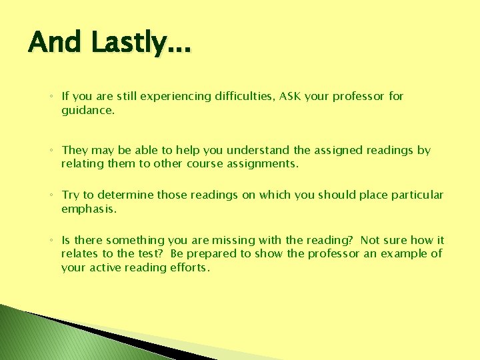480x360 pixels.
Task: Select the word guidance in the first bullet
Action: click(x=87, y=111)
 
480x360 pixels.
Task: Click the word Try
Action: click(x=71, y=195)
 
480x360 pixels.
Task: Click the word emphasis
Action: click(x=88, y=209)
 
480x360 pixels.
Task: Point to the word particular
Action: click(x=418, y=195)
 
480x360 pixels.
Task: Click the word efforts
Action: click(x=190, y=267)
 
